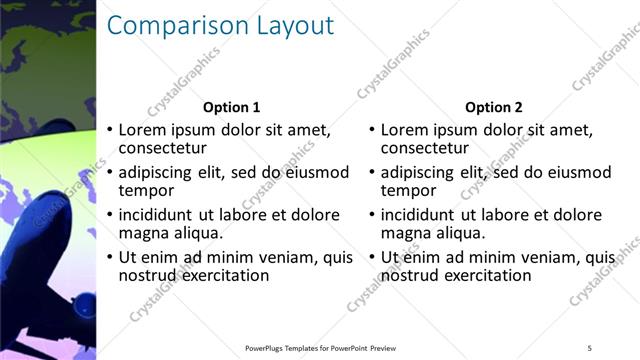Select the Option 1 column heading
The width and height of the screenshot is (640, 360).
231,107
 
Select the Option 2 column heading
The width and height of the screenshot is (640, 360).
494,107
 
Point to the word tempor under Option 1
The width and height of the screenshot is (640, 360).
146,190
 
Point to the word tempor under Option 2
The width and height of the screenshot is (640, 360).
409,190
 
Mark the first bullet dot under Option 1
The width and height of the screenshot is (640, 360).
110,131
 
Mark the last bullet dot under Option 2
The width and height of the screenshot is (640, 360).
372,258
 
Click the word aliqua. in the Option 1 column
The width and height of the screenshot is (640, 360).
198,233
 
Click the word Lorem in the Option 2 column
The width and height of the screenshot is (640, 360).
403,130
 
